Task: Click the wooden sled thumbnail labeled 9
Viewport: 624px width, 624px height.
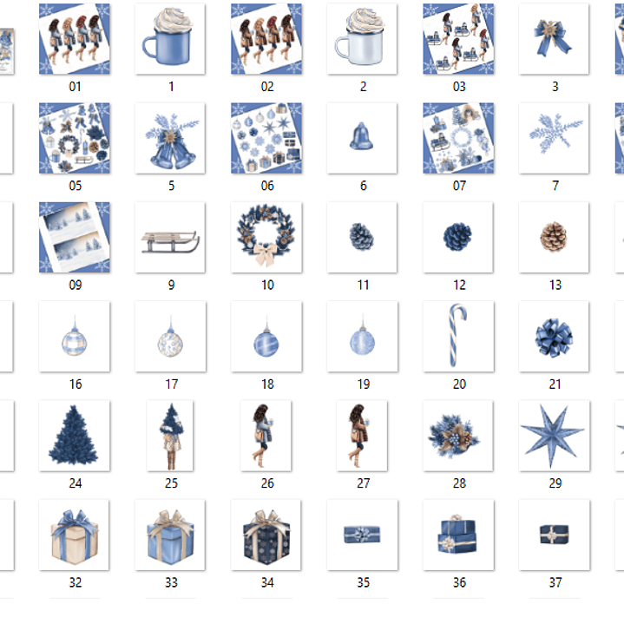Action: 171,238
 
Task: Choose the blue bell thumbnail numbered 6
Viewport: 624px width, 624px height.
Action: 362,137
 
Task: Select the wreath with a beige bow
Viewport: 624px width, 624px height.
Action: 266,237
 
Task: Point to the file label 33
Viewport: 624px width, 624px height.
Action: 171,582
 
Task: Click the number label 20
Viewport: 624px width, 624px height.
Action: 459,384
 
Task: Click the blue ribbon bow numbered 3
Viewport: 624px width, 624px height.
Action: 554,38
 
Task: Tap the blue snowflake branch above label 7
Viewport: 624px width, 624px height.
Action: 554,137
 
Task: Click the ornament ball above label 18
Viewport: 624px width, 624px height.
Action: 266,339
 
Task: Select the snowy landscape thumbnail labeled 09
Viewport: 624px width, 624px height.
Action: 75,237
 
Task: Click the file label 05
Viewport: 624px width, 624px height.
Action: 75,186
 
